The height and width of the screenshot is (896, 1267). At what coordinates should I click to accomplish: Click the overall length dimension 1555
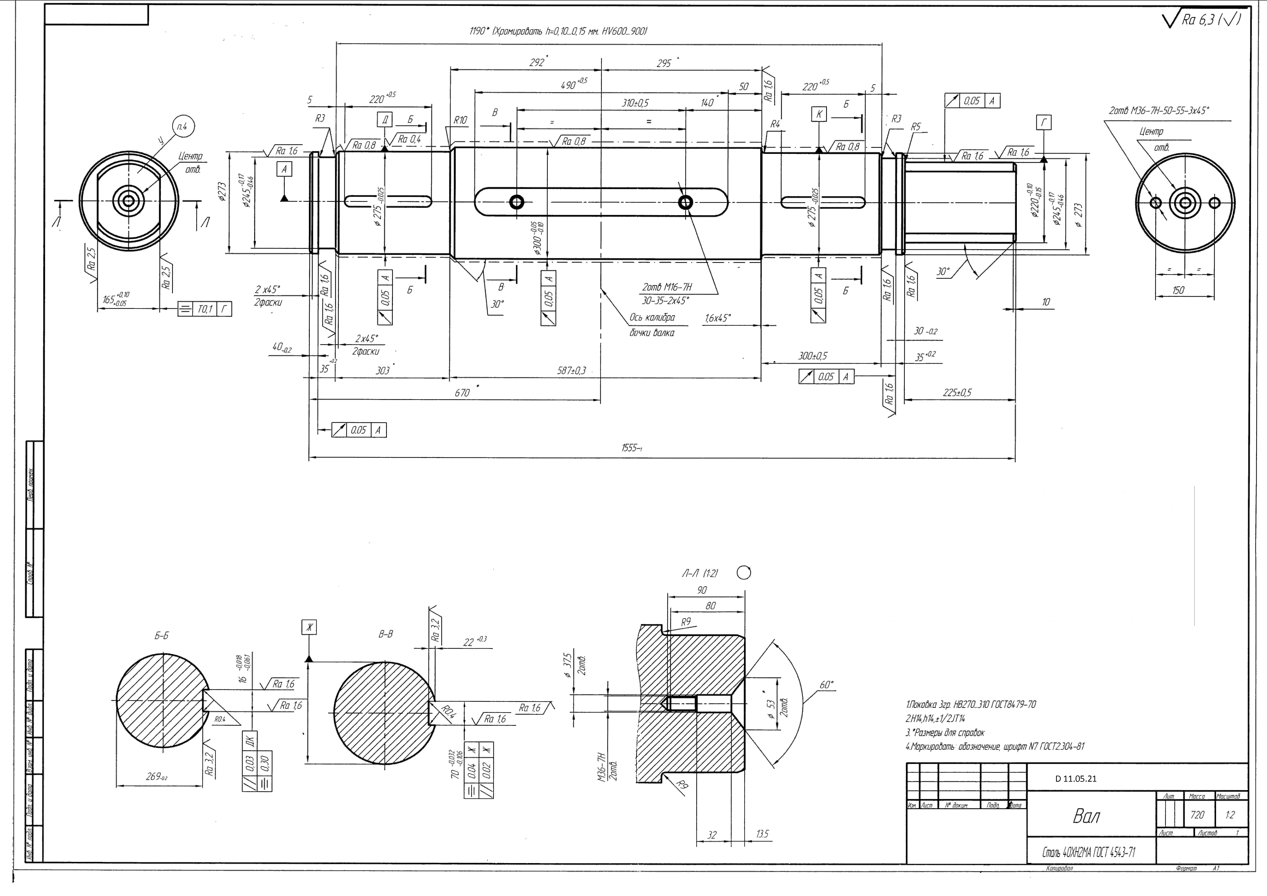pyautogui.click(x=631, y=448)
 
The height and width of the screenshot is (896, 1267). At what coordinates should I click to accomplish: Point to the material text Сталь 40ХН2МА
pyautogui.click(x=1088, y=852)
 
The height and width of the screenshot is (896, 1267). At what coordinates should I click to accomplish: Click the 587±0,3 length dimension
pyautogui.click(x=571, y=371)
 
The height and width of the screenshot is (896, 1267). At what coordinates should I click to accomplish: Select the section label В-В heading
pyautogui.click(x=386, y=635)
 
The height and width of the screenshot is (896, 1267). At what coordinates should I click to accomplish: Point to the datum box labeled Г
pyautogui.click(x=1043, y=122)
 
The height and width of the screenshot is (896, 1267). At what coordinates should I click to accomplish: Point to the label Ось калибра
pyautogui.click(x=652, y=318)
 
